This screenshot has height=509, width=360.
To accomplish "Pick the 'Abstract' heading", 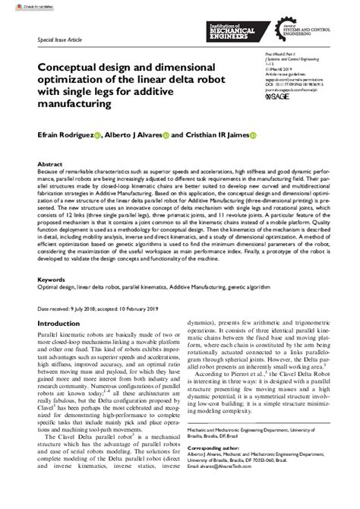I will coord(50,163).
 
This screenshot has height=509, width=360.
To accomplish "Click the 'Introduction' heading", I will coord(62,324).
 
